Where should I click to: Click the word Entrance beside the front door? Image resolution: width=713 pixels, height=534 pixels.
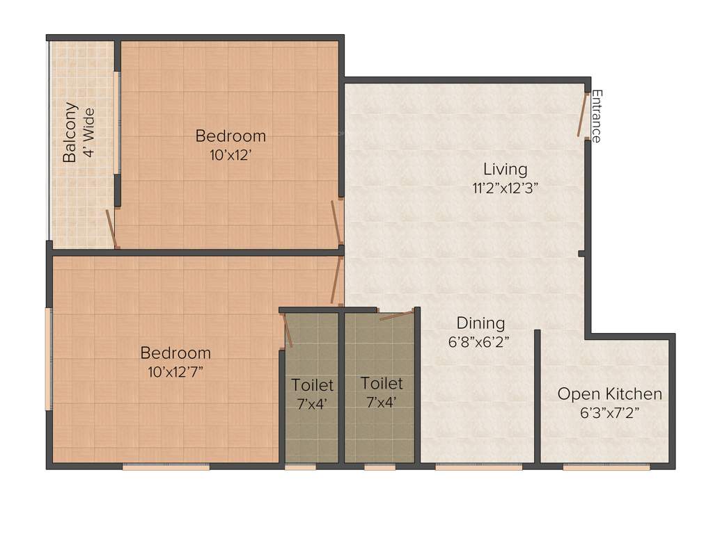tap(597, 116)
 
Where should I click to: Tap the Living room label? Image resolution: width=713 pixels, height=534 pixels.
tap(505, 169)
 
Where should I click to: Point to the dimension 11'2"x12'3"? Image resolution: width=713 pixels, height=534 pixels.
tap(505, 187)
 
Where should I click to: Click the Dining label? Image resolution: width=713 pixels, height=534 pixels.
tap(480, 323)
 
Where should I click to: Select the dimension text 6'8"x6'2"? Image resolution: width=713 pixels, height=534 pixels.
tap(480, 341)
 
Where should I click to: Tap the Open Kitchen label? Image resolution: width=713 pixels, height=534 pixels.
tap(609, 394)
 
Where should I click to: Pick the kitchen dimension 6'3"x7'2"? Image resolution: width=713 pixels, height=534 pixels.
tap(609, 412)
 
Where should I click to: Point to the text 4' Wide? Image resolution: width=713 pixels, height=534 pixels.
tap(88, 132)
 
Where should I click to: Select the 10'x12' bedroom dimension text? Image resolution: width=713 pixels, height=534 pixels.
tap(230, 156)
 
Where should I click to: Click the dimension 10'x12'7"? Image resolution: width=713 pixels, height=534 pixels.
tap(175, 372)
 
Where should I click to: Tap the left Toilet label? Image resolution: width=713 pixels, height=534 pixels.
tap(312, 385)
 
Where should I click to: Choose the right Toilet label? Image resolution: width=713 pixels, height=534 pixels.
tap(382, 384)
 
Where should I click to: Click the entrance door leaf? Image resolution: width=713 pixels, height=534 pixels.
tap(581, 114)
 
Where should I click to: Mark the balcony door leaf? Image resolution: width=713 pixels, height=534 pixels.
tap(111, 228)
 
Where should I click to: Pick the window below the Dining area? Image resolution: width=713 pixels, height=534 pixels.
tap(478, 467)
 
